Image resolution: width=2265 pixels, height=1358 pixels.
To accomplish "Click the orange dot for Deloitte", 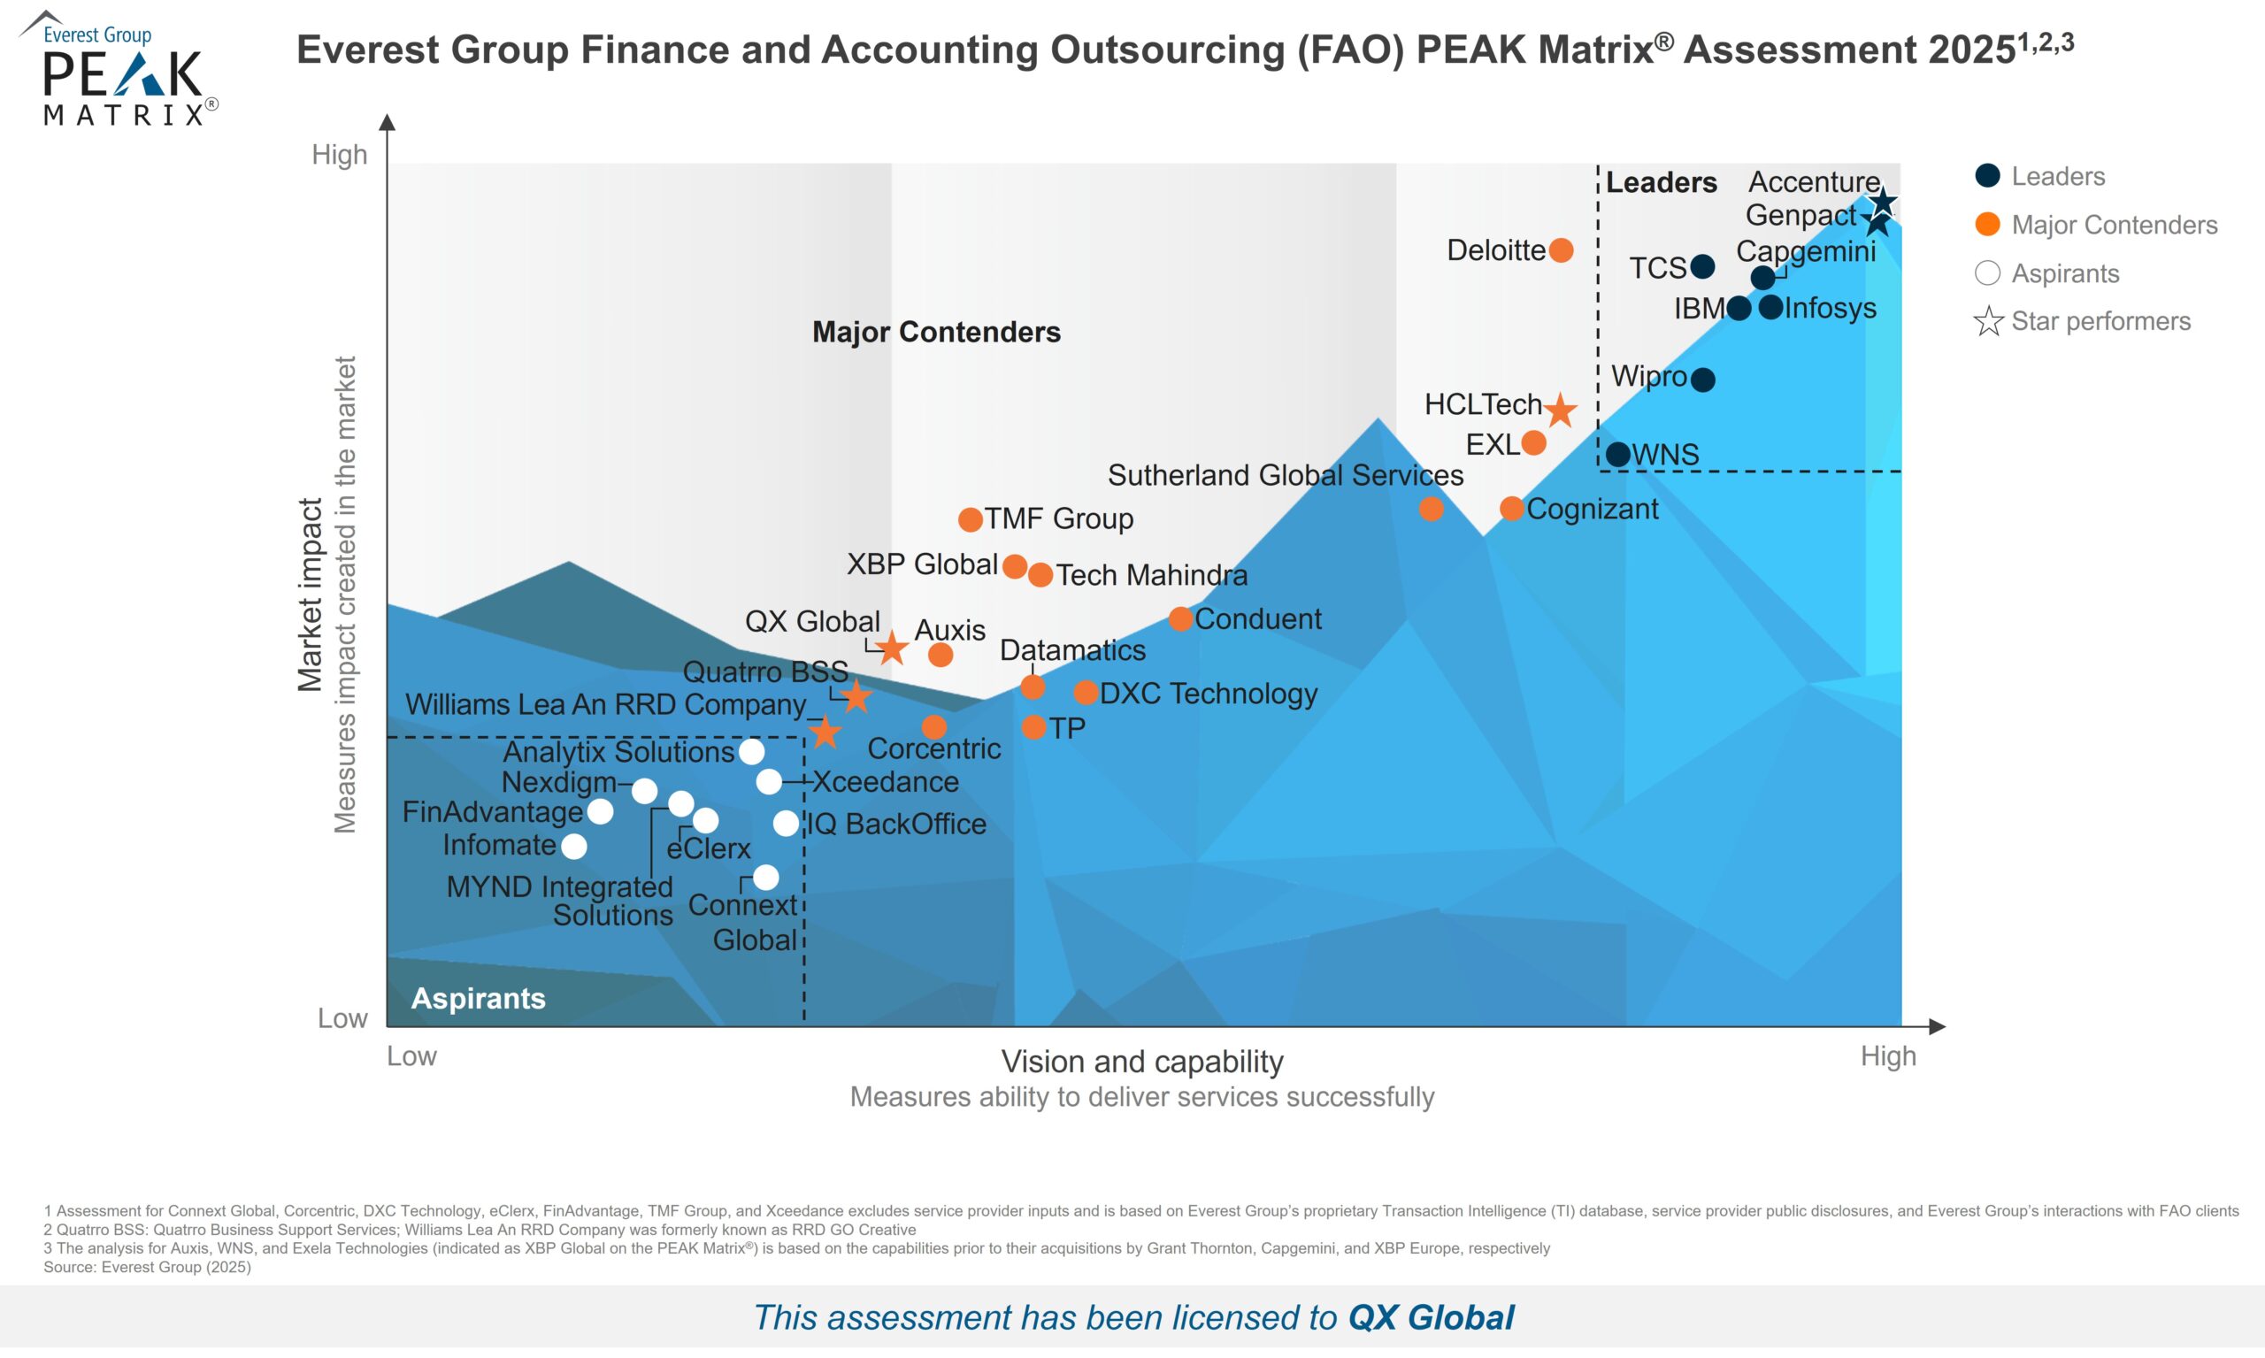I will [1562, 249].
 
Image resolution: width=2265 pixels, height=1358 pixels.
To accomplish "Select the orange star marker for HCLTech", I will [1561, 410].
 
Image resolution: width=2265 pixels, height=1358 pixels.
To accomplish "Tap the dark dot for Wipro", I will [1702, 379].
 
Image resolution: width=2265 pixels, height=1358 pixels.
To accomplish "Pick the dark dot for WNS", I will [1618, 454].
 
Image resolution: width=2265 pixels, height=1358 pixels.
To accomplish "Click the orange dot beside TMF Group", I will [970, 520].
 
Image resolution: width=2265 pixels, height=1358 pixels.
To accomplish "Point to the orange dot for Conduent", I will [1180, 618].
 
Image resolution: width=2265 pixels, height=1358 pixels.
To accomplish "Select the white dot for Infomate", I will [574, 847].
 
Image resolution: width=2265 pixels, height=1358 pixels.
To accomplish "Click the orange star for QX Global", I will [892, 648].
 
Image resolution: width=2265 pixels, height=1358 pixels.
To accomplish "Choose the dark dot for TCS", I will [1702, 266].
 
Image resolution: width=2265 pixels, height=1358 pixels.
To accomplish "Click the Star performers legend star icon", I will [1988, 322].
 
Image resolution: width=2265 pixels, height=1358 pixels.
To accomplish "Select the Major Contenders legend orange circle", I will [1988, 224].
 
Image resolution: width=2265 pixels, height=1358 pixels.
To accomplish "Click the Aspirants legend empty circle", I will [1988, 272].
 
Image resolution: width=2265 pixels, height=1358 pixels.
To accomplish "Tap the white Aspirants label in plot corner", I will [478, 998].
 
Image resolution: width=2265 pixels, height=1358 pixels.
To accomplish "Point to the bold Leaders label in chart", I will [1661, 183].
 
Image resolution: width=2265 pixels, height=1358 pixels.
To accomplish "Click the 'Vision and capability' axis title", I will [1142, 1062].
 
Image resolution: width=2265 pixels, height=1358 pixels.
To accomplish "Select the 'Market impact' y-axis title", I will [311, 595].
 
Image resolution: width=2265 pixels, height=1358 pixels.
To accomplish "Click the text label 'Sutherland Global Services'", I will [1285, 475].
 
